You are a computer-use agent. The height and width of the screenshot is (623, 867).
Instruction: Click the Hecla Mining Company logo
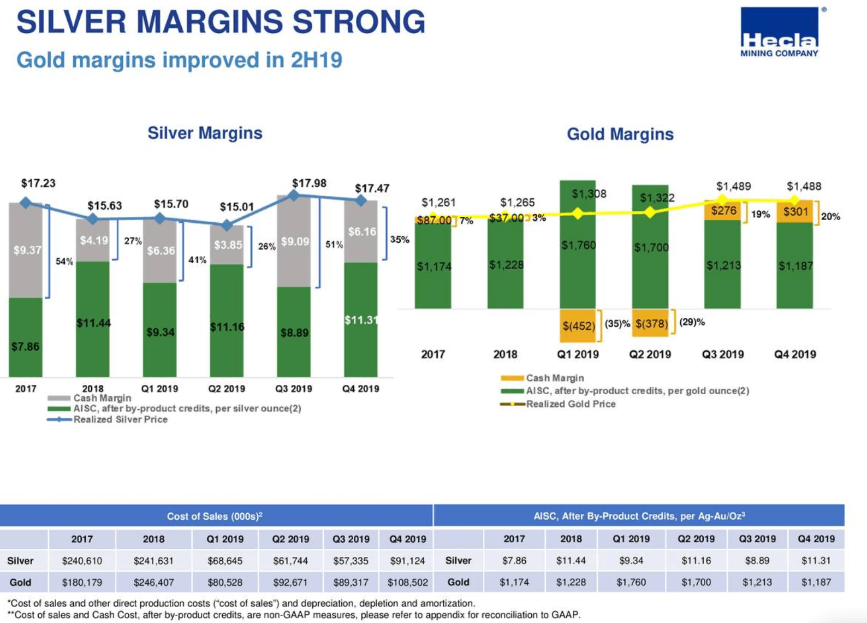click(x=779, y=32)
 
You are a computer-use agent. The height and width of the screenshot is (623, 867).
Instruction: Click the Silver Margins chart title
click(x=205, y=133)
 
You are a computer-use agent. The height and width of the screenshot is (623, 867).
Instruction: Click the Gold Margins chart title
click(x=620, y=134)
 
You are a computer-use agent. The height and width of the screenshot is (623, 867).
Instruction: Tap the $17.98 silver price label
click(x=309, y=183)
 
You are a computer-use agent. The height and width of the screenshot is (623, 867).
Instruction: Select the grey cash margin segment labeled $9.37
click(x=26, y=250)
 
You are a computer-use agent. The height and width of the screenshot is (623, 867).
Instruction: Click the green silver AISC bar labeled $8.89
click(x=294, y=332)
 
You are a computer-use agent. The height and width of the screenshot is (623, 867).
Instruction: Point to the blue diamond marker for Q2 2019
click(x=227, y=224)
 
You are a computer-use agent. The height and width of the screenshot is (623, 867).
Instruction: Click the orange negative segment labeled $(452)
click(x=578, y=325)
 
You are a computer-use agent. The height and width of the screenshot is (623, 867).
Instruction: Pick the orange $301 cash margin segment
click(x=795, y=211)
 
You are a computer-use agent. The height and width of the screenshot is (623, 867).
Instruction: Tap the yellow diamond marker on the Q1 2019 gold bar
click(x=578, y=213)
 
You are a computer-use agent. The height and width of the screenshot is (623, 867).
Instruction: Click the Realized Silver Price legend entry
click(x=120, y=419)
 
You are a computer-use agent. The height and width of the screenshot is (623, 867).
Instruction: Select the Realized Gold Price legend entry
click(x=571, y=404)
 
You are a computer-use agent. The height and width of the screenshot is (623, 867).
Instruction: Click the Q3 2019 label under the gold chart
click(x=722, y=354)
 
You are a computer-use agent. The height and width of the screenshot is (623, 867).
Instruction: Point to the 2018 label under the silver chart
click(x=92, y=388)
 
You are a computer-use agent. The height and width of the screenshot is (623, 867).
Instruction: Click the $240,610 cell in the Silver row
click(x=82, y=561)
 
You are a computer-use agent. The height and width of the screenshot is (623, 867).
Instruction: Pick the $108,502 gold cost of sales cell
click(x=407, y=583)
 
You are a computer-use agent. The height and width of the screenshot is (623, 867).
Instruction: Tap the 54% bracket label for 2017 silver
click(x=64, y=262)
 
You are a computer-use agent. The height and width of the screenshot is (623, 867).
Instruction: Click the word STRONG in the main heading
click(x=359, y=22)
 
